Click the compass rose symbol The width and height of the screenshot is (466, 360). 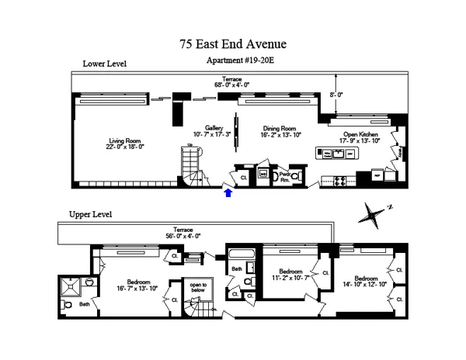tap(374, 211)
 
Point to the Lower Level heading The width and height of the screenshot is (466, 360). tap(104, 64)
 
